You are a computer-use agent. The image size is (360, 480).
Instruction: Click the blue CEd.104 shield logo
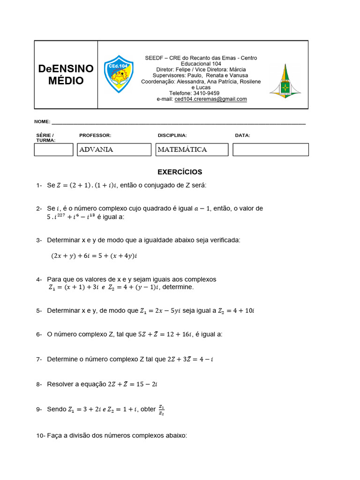(x=119, y=74)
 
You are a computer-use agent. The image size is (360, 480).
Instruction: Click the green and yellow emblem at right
(x=285, y=81)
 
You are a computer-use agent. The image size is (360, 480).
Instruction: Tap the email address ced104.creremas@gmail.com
(x=210, y=99)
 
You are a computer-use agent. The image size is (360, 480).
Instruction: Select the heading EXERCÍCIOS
(x=180, y=172)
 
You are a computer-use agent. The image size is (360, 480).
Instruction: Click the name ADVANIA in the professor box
(x=96, y=150)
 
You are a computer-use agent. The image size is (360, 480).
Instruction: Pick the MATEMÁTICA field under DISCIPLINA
(x=182, y=150)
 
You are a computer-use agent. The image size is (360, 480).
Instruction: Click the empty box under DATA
(x=270, y=150)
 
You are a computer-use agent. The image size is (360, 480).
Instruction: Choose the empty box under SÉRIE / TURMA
(x=54, y=150)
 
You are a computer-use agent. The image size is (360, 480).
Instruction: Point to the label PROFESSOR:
(x=95, y=135)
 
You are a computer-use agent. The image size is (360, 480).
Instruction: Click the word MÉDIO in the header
(x=66, y=81)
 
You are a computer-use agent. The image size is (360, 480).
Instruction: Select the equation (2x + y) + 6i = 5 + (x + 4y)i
(x=97, y=256)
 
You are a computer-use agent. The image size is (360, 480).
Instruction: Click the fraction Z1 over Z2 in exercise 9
(x=161, y=410)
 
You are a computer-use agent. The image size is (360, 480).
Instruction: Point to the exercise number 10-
(x=40, y=435)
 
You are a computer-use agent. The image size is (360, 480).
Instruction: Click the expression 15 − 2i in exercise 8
(x=150, y=384)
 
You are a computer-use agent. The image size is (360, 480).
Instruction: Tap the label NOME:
(x=42, y=122)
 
